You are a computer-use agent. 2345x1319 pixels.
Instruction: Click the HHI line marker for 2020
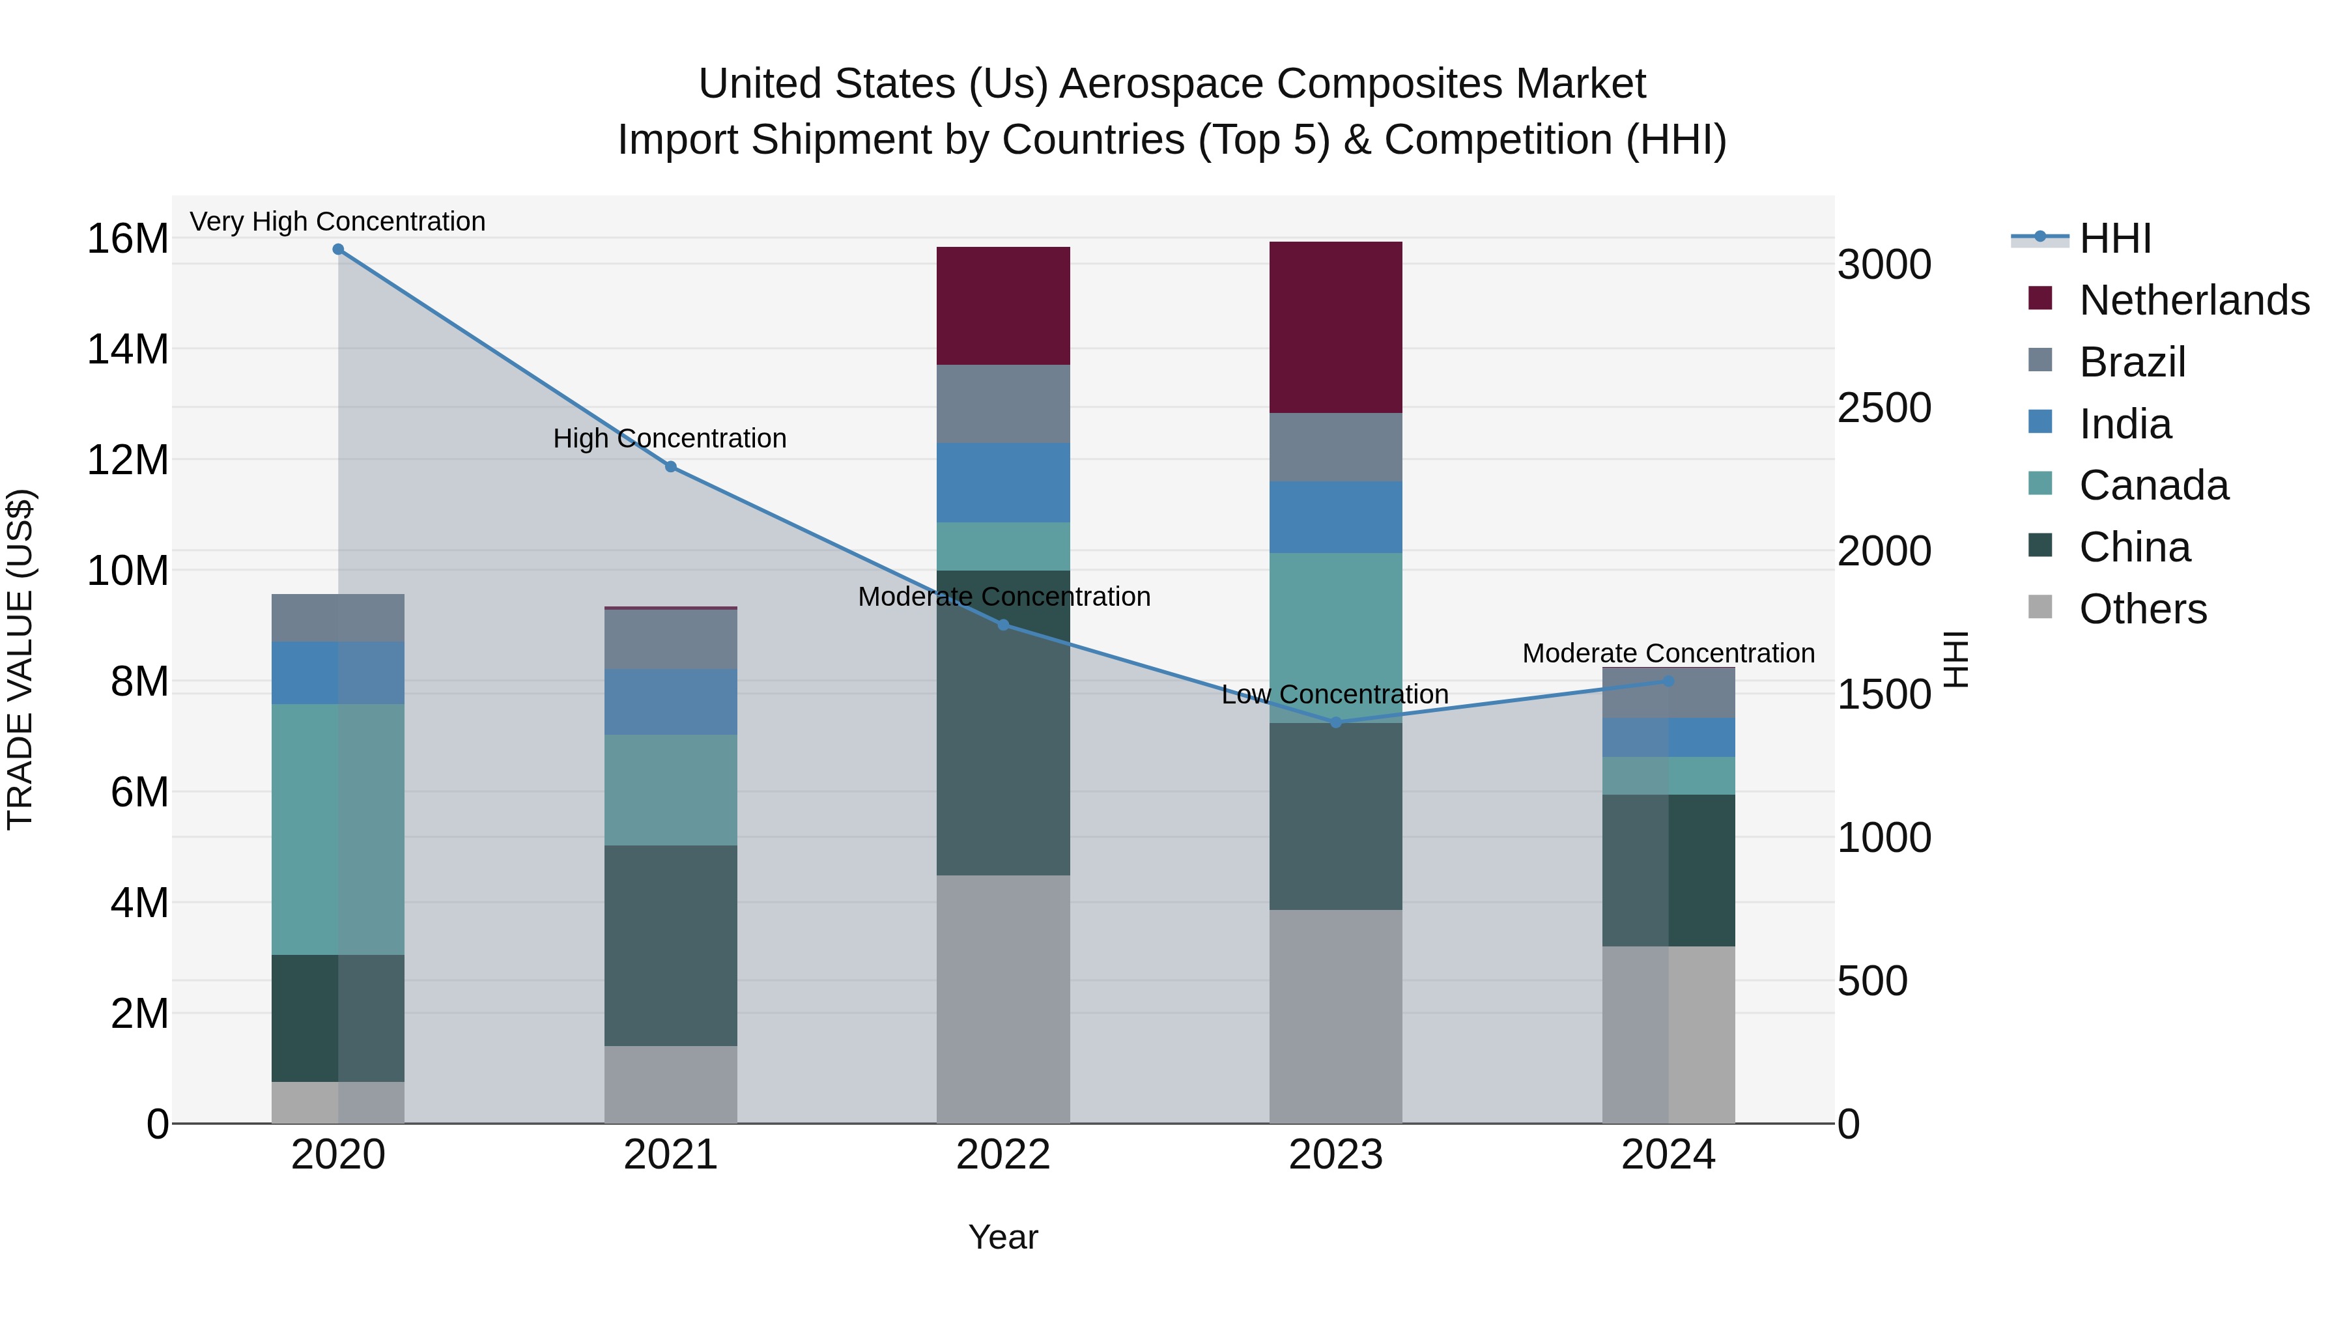(337, 249)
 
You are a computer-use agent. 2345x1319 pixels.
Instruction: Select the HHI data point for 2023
(1335, 722)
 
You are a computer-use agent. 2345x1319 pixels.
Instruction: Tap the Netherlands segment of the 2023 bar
(1335, 327)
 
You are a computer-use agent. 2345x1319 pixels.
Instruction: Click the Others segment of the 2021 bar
(671, 1083)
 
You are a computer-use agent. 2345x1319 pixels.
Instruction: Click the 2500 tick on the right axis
(1883, 408)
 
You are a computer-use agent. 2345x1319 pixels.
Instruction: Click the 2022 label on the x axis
(1003, 1155)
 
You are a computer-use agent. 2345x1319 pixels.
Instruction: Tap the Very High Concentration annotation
(337, 221)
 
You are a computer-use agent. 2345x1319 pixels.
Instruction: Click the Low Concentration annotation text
(1335, 694)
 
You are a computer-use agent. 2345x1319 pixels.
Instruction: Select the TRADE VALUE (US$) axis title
(20, 659)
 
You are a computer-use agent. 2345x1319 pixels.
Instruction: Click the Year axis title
(1003, 1237)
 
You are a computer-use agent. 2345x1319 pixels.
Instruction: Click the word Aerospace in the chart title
(1161, 84)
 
